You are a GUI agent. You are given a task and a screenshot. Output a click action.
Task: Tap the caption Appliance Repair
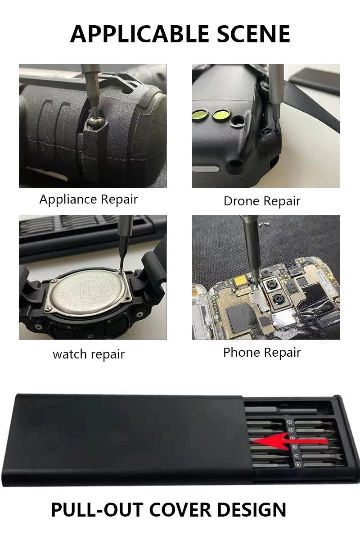click(x=89, y=200)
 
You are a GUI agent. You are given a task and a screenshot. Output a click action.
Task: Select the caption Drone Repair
click(x=262, y=201)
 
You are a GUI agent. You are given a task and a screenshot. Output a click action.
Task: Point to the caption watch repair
click(x=89, y=354)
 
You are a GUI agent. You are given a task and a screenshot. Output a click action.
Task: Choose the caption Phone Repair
click(x=262, y=352)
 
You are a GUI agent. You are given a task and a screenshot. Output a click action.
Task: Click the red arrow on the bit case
click(x=289, y=441)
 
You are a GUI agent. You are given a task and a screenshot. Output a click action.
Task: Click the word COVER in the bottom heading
click(x=180, y=510)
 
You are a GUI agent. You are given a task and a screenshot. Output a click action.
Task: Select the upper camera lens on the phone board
click(x=272, y=285)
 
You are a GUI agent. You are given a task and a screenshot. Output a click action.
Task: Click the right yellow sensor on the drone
click(x=221, y=115)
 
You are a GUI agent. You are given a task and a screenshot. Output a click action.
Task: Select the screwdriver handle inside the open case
click(x=282, y=410)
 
